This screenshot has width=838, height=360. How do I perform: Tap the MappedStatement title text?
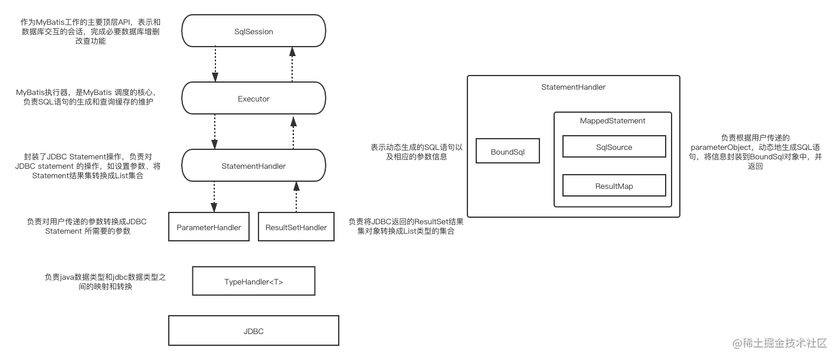point(613,121)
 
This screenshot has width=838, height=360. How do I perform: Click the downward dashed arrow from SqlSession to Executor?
point(215,64)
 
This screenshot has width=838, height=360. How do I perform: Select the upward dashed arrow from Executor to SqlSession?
point(292,64)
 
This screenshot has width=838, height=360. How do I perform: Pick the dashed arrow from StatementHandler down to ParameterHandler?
point(214,197)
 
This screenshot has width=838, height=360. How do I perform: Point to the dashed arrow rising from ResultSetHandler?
point(296,197)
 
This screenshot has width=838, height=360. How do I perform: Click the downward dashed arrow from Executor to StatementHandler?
point(215,132)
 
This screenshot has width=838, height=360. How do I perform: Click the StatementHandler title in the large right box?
point(573,87)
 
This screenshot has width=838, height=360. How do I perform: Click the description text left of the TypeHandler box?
point(105,282)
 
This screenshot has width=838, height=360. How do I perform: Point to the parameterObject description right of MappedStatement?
point(755,152)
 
